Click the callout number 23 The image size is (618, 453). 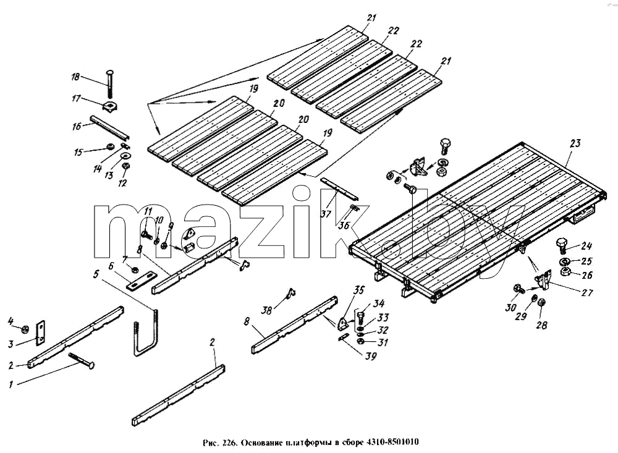(x=575, y=143)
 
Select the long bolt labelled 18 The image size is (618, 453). (x=109, y=85)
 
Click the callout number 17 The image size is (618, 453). (x=76, y=98)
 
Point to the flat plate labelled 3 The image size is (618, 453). (x=41, y=332)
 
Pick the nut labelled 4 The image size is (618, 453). (x=25, y=328)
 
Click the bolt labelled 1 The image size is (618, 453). (x=82, y=360)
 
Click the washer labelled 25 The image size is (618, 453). (x=565, y=262)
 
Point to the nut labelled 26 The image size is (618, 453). (x=566, y=271)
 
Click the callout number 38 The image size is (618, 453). (x=267, y=310)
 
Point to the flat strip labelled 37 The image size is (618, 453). (x=339, y=188)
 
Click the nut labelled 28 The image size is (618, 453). (x=541, y=303)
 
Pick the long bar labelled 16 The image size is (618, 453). (x=110, y=127)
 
